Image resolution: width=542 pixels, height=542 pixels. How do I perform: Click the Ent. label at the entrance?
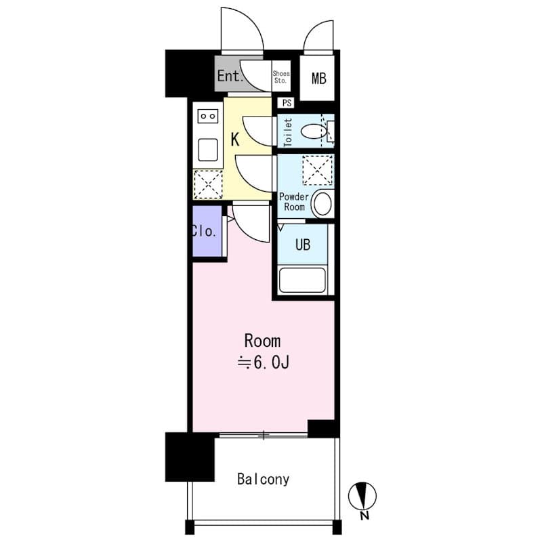(x=230, y=77)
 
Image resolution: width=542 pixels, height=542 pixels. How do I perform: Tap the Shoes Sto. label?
(x=280, y=77)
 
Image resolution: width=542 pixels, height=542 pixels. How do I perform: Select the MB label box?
(x=319, y=78)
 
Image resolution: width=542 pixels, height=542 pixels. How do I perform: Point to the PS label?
(x=287, y=103)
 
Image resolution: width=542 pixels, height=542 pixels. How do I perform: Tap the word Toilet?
(x=287, y=133)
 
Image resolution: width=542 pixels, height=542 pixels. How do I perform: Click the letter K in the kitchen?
(x=235, y=140)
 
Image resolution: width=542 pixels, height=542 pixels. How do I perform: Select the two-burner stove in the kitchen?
(x=207, y=117)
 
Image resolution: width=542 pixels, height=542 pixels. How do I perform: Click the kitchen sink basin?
(x=207, y=148)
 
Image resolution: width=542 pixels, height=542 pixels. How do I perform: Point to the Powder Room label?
(x=294, y=202)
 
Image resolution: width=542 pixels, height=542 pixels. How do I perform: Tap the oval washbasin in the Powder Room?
(x=322, y=203)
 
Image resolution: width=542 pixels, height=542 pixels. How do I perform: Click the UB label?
(x=302, y=245)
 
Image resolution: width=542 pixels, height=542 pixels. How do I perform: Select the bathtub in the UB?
(x=302, y=279)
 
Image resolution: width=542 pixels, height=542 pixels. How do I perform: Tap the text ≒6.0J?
(x=264, y=364)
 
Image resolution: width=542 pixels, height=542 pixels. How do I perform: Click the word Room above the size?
(x=262, y=341)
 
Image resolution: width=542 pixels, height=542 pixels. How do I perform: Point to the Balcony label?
(x=263, y=480)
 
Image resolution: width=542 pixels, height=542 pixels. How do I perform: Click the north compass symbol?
(x=362, y=496)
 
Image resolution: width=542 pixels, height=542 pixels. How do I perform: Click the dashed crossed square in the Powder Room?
(x=317, y=170)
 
